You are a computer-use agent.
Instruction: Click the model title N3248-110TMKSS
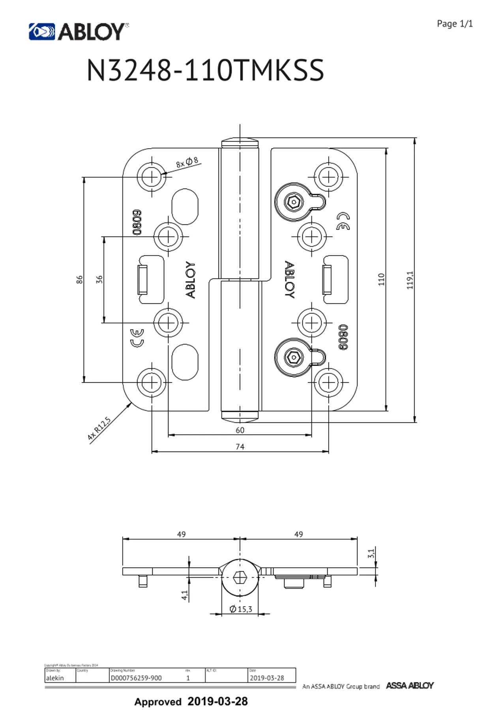205,70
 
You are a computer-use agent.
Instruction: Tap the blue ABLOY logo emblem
41,32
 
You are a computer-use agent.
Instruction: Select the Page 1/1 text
454,24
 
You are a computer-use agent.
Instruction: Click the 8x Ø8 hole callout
187,162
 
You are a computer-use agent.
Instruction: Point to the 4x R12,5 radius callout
99,428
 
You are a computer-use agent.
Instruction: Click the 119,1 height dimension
410,280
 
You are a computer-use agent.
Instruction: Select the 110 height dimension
381,279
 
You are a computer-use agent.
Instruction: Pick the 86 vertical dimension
79,280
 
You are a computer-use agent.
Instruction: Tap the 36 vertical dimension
99,279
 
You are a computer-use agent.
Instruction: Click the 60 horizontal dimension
240,430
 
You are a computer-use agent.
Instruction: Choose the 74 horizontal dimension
240,447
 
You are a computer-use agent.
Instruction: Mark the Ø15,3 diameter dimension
241,609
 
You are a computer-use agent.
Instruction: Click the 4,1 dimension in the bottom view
184,595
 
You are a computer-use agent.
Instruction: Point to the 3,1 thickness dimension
371,553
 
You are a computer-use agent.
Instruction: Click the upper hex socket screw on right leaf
293,202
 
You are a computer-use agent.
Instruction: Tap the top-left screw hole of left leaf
152,177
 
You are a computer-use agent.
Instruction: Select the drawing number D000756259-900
136,678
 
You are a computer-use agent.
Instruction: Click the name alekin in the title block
55,678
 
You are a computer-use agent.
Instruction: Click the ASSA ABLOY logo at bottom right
410,686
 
